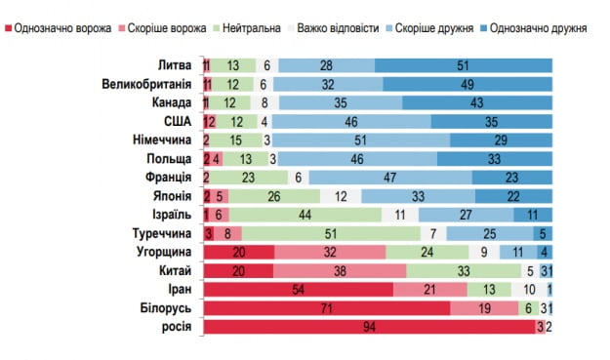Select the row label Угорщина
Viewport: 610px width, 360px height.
[x=162, y=252]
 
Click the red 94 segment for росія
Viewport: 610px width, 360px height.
[x=368, y=327]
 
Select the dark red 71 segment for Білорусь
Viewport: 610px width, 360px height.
[x=326, y=308]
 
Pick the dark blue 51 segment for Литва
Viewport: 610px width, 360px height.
[x=463, y=65]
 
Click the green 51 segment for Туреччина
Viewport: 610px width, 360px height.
[x=331, y=233]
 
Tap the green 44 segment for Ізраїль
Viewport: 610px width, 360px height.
[x=305, y=215]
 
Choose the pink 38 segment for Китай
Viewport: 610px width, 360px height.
[x=340, y=270]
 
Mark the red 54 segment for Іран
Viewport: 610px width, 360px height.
[x=297, y=290]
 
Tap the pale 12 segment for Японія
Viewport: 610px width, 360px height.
[x=340, y=196]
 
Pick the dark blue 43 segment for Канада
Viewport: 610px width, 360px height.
[x=476, y=102]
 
